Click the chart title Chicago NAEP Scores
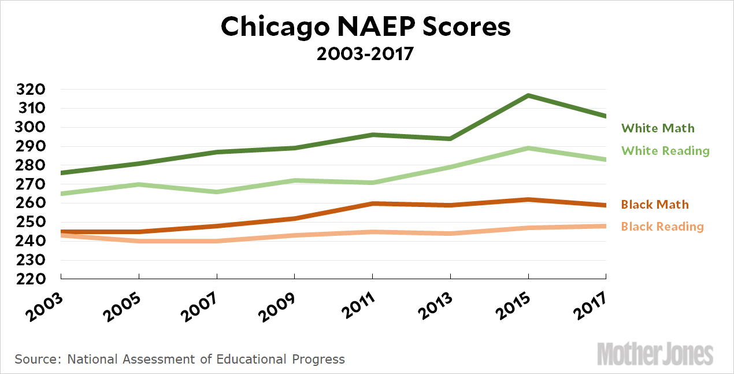(366, 27)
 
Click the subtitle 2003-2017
(366, 55)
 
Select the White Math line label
(658, 128)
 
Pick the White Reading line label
(665, 151)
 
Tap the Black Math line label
(655, 205)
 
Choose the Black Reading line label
(662, 227)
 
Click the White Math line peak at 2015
(528, 95)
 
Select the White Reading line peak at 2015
(528, 149)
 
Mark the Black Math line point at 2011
(372, 203)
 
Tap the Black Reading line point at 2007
(217, 241)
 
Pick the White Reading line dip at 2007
(217, 192)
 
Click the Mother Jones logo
(655, 354)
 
